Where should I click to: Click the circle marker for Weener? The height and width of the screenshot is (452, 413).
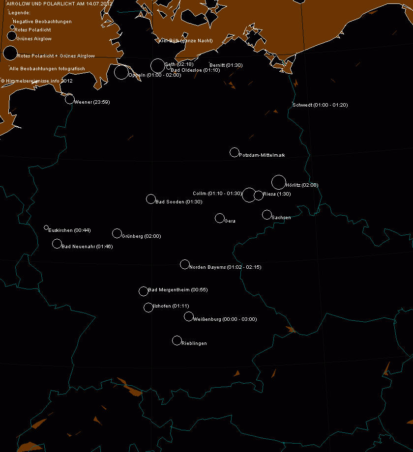(x=70, y=99)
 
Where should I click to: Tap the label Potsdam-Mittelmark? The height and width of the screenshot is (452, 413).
(x=262, y=155)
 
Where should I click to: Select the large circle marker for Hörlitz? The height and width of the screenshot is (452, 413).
(x=278, y=182)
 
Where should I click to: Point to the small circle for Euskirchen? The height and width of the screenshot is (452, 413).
(x=46, y=227)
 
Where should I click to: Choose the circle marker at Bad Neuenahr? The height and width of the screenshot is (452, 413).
(x=57, y=244)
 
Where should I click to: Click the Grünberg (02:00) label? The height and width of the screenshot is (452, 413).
(x=141, y=236)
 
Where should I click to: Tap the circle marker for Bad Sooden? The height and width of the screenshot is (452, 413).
(x=151, y=199)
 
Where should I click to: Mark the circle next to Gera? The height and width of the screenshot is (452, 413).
(x=220, y=218)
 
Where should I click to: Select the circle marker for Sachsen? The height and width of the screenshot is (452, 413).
(x=267, y=215)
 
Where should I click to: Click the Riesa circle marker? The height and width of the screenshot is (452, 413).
(x=259, y=196)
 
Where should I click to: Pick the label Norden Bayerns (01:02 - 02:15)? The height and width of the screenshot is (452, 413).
(x=225, y=267)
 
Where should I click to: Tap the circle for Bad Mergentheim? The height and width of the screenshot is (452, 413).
(x=144, y=291)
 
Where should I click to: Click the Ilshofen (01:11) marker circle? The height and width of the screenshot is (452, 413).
(x=148, y=308)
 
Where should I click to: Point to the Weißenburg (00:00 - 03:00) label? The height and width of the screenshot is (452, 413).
(x=225, y=319)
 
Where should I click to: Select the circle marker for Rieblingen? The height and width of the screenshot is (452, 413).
(x=177, y=340)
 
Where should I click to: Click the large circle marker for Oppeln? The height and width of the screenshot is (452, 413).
(x=121, y=72)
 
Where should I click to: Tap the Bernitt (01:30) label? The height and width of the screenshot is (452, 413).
(x=226, y=65)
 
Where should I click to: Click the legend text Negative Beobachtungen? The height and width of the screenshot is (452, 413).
(x=42, y=22)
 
